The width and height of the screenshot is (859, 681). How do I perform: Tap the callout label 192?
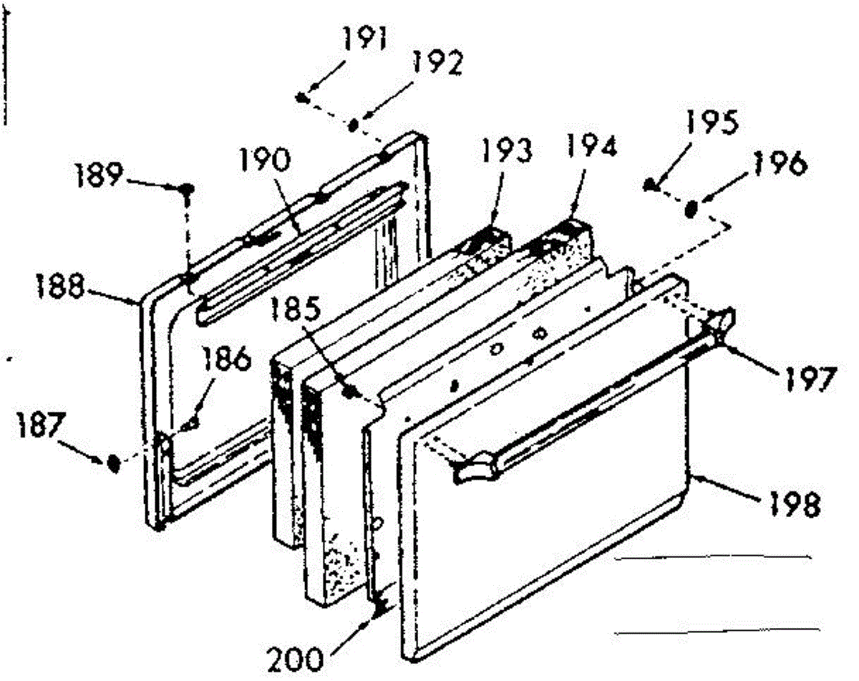click(438, 65)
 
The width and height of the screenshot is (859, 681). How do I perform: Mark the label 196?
click(783, 165)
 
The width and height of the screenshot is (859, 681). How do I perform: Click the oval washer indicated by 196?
click(691, 210)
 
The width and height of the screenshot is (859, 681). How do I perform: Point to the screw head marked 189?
click(187, 189)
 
